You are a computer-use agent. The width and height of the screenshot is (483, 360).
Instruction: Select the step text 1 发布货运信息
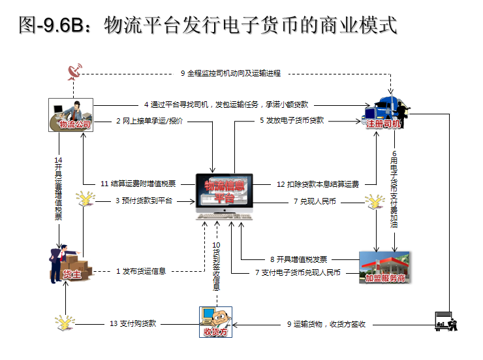point(141,271)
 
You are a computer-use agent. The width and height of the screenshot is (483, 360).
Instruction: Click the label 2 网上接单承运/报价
point(149,121)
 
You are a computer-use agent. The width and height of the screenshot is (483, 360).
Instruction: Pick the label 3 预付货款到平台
point(144,201)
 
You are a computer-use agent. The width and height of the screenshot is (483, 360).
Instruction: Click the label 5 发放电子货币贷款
point(292,121)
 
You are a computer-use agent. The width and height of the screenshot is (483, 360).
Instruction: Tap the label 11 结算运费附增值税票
point(138,184)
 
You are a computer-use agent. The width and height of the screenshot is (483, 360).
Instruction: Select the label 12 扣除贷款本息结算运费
point(318,184)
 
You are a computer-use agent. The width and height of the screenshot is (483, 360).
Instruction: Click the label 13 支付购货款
point(134,323)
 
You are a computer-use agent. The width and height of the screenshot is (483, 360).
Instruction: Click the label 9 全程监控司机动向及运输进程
point(230,73)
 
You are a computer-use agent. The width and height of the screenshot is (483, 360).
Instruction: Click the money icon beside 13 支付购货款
point(63,322)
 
